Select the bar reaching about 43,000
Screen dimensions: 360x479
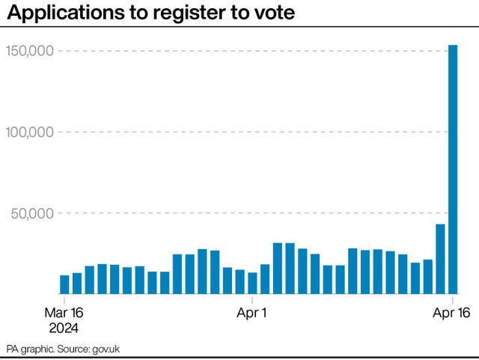coord(440,259)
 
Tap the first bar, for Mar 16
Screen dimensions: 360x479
coord(64,284)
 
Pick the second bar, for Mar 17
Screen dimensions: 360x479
coord(77,283)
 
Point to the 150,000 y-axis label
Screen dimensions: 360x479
coord(29,51)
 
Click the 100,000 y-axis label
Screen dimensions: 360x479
coord(29,132)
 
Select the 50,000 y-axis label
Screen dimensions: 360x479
coord(33,213)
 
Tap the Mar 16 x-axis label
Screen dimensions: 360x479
coord(65,312)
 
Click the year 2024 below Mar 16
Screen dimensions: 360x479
coord(65,327)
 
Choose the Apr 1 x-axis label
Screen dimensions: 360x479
coord(252,312)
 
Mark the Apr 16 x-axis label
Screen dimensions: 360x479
coord(452,312)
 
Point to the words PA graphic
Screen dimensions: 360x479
coord(28,350)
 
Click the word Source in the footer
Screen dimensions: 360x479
coord(73,350)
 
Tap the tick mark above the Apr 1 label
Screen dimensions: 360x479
coord(252,299)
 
